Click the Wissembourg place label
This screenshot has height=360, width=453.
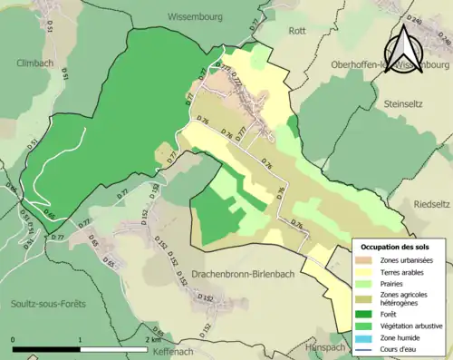[x=201, y=16]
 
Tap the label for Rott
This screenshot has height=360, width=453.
[x=296, y=30]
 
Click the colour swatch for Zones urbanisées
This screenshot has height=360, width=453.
[x=367, y=259]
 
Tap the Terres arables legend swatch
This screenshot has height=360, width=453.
[x=367, y=271]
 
